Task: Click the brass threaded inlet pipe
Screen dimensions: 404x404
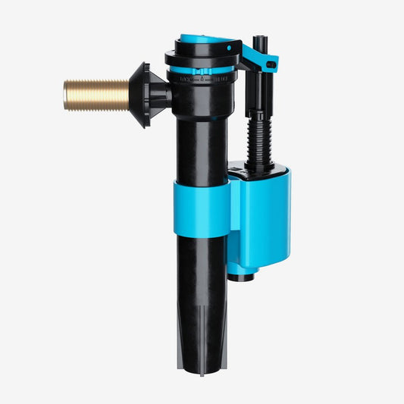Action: pyautogui.click(x=97, y=95)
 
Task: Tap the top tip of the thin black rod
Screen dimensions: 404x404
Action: pyautogui.click(x=262, y=37)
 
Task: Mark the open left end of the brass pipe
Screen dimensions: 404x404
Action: pyautogui.click(x=67, y=95)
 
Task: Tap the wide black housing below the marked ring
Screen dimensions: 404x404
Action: pyautogui.click(x=203, y=95)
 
